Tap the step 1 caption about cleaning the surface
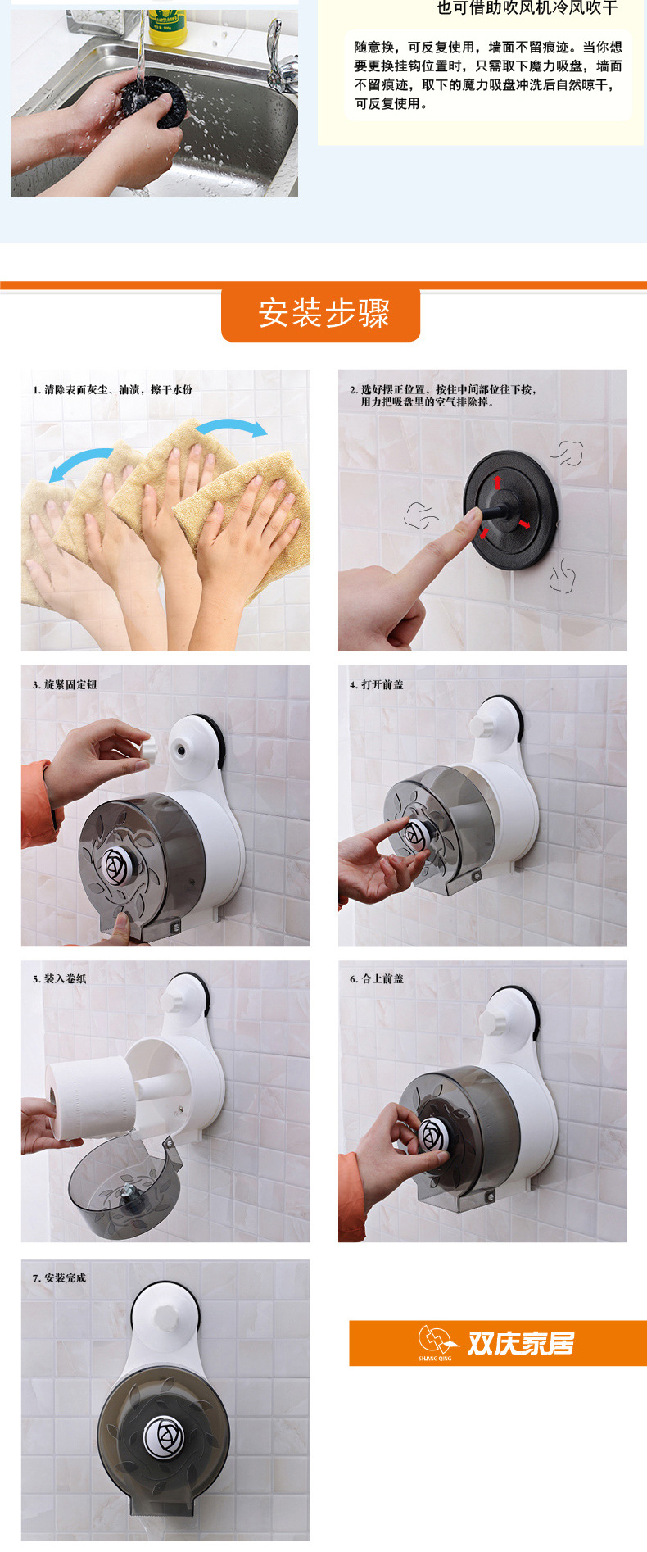coord(112,389)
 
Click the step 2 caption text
coord(443,396)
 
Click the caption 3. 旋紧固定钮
coord(65,684)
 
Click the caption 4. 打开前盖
coord(377,684)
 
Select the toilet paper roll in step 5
coord(89,1096)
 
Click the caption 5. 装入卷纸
coord(59,978)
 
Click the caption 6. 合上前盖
coord(377,978)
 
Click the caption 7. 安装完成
coord(59,1277)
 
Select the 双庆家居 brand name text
coord(521,1343)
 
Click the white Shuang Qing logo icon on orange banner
coord(436,1341)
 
